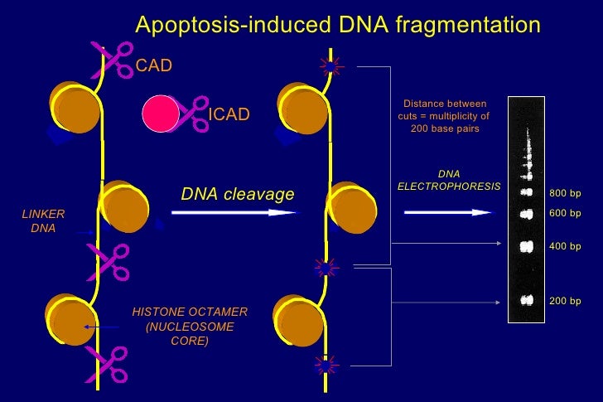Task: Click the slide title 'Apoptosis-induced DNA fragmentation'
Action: pos(337,26)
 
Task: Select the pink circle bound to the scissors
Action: pos(160,114)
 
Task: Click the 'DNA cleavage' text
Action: pos(237,194)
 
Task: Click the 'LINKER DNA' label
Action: pos(43,221)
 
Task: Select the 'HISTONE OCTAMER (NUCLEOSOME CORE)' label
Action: pos(190,327)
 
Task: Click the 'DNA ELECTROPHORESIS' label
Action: pos(448,180)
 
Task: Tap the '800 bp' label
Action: pos(565,194)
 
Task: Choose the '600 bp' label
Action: pos(565,213)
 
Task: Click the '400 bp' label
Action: pos(565,247)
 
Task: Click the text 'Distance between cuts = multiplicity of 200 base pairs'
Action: pos(444,117)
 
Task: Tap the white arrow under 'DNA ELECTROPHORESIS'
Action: pos(448,213)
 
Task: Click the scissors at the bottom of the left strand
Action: pos(109,366)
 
